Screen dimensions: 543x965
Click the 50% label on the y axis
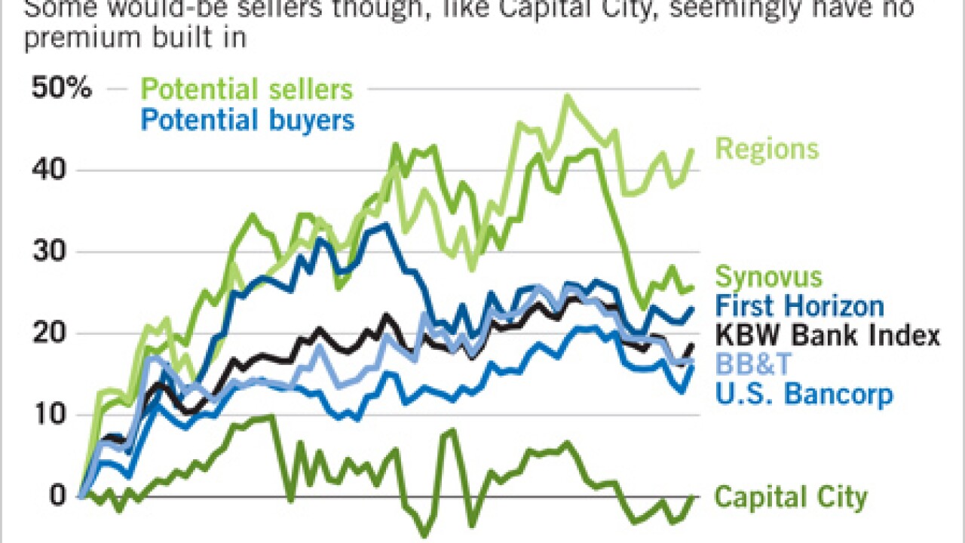pyautogui.click(x=61, y=89)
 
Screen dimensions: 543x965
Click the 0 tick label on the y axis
pyautogui.click(x=58, y=496)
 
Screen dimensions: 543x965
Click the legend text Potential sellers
pyautogui.click(x=247, y=90)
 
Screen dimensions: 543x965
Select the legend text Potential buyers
pyautogui.click(x=247, y=120)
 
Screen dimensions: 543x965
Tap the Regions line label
pyautogui.click(x=767, y=149)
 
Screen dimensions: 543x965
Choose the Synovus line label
pyautogui.click(x=768, y=277)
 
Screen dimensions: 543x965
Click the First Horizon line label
pyautogui.click(x=799, y=306)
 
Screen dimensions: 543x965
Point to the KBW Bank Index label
pyautogui.click(x=827, y=335)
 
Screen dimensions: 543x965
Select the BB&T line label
pyautogui.click(x=753, y=365)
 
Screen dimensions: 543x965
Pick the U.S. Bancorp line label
pyautogui.click(x=803, y=394)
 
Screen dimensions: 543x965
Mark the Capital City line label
pyautogui.click(x=791, y=498)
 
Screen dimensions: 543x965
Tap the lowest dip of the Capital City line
pyautogui.click(x=424, y=536)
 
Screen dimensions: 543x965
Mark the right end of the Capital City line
pyautogui.click(x=693, y=496)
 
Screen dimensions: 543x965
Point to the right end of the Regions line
pyautogui.click(x=693, y=149)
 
